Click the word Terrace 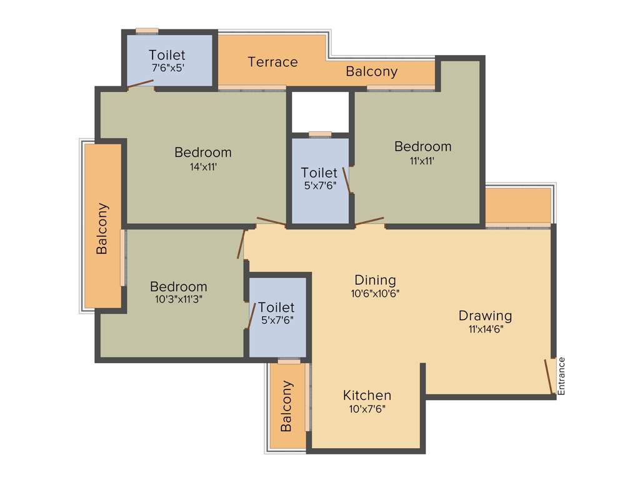tap(272, 62)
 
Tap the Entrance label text tap(561, 376)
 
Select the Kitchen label tap(367, 396)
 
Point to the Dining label tap(375, 280)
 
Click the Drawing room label tap(485, 316)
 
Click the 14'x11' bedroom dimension tap(203, 167)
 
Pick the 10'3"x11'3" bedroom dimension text tap(179, 299)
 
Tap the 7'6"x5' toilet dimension tap(167, 68)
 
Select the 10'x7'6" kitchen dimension tap(367, 409)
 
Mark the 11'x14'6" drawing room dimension tap(485, 329)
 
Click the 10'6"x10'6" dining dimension tap(375, 293)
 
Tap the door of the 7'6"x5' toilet tap(141, 84)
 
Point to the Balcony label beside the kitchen tap(286, 406)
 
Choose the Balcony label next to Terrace tap(371, 71)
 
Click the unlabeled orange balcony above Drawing tap(517, 206)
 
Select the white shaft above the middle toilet tap(320, 111)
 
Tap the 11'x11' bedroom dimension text tap(422, 160)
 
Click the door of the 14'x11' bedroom tap(271, 221)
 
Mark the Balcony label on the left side tap(102, 228)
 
